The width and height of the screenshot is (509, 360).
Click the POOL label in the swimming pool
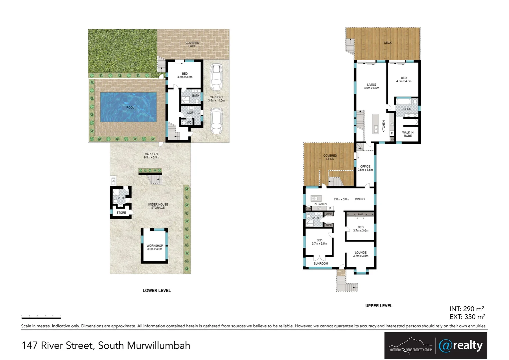[x=130, y=107]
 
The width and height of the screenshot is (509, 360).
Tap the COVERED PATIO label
[x=192, y=44]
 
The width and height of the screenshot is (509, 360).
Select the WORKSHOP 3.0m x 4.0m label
[x=155, y=247]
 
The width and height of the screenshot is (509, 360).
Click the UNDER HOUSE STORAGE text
[x=158, y=206]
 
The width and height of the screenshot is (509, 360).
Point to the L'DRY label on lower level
[x=191, y=113]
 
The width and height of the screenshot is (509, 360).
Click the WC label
[x=189, y=122]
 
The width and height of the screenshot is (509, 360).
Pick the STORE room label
[x=121, y=213]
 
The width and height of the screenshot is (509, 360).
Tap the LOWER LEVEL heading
[x=157, y=291]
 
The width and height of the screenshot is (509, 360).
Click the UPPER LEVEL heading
[x=379, y=306]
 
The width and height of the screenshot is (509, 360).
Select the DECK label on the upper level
[x=388, y=43]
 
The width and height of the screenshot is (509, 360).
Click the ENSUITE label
[x=407, y=109]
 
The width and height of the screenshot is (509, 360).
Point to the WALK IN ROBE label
[x=408, y=134]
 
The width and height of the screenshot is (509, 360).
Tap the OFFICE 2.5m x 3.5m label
[x=365, y=168]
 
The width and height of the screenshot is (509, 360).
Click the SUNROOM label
[x=321, y=264]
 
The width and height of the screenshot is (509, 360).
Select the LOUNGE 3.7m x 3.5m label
[x=361, y=254]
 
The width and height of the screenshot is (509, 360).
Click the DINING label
[x=360, y=199]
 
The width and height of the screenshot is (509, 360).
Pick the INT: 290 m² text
[x=467, y=309]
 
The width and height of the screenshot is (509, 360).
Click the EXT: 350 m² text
[x=467, y=317]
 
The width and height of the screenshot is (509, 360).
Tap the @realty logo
[x=461, y=346]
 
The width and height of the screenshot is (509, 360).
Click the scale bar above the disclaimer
[x=41, y=316]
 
